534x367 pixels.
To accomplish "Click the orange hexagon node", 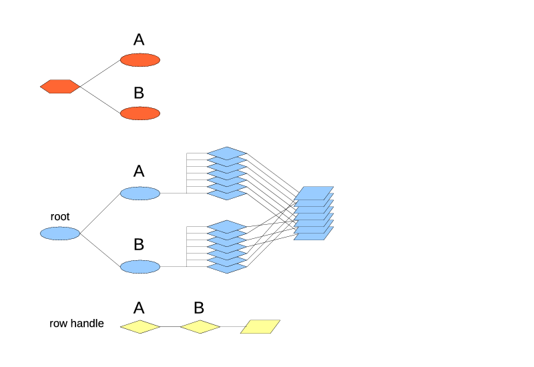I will (x=60, y=86).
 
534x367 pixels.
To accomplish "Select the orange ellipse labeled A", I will (x=140, y=60).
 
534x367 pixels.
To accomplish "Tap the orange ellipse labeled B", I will (x=140, y=113).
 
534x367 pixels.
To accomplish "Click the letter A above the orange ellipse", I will (x=139, y=40).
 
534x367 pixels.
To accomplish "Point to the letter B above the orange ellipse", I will (x=139, y=93).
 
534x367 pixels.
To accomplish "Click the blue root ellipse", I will (x=60, y=234).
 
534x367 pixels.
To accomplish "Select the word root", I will (x=60, y=217).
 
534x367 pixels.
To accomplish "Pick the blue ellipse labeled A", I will (x=140, y=194).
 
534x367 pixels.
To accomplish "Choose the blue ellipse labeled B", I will (x=140, y=267).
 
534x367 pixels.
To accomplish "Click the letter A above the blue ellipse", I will (x=139, y=171).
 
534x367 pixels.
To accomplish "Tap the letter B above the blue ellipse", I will (x=139, y=245).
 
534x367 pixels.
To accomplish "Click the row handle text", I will (x=77, y=324).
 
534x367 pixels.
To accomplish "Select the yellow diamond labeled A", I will (x=140, y=327).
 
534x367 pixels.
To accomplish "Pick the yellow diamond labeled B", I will (x=200, y=327).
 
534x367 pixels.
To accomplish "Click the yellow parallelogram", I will (x=260, y=326).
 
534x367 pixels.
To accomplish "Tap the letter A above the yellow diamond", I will (x=139, y=308).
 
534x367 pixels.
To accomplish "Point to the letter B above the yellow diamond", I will (x=199, y=308).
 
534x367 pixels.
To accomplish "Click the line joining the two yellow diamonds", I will (x=170, y=327).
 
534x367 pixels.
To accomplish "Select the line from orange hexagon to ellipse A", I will (x=100, y=73).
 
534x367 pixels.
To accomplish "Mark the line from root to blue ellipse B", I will (x=100, y=250).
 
